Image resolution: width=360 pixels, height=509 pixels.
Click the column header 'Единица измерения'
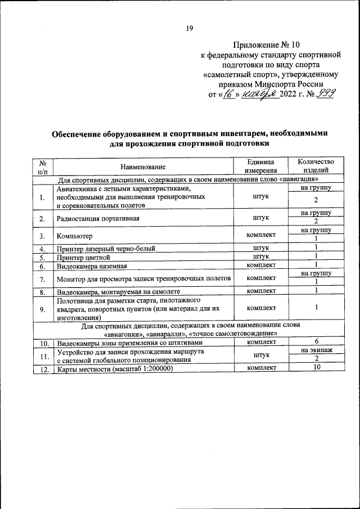click(x=262, y=166)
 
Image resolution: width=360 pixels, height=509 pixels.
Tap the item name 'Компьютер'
click(x=74, y=236)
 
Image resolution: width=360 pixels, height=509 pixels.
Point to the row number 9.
click(x=42, y=308)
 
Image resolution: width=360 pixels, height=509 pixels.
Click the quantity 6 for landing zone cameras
click(x=316, y=341)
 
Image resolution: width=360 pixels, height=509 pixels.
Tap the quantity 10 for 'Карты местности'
click(x=316, y=368)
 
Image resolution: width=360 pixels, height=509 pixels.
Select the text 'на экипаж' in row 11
click(x=316, y=350)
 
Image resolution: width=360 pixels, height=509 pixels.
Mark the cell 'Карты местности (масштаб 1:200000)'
click(x=114, y=368)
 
